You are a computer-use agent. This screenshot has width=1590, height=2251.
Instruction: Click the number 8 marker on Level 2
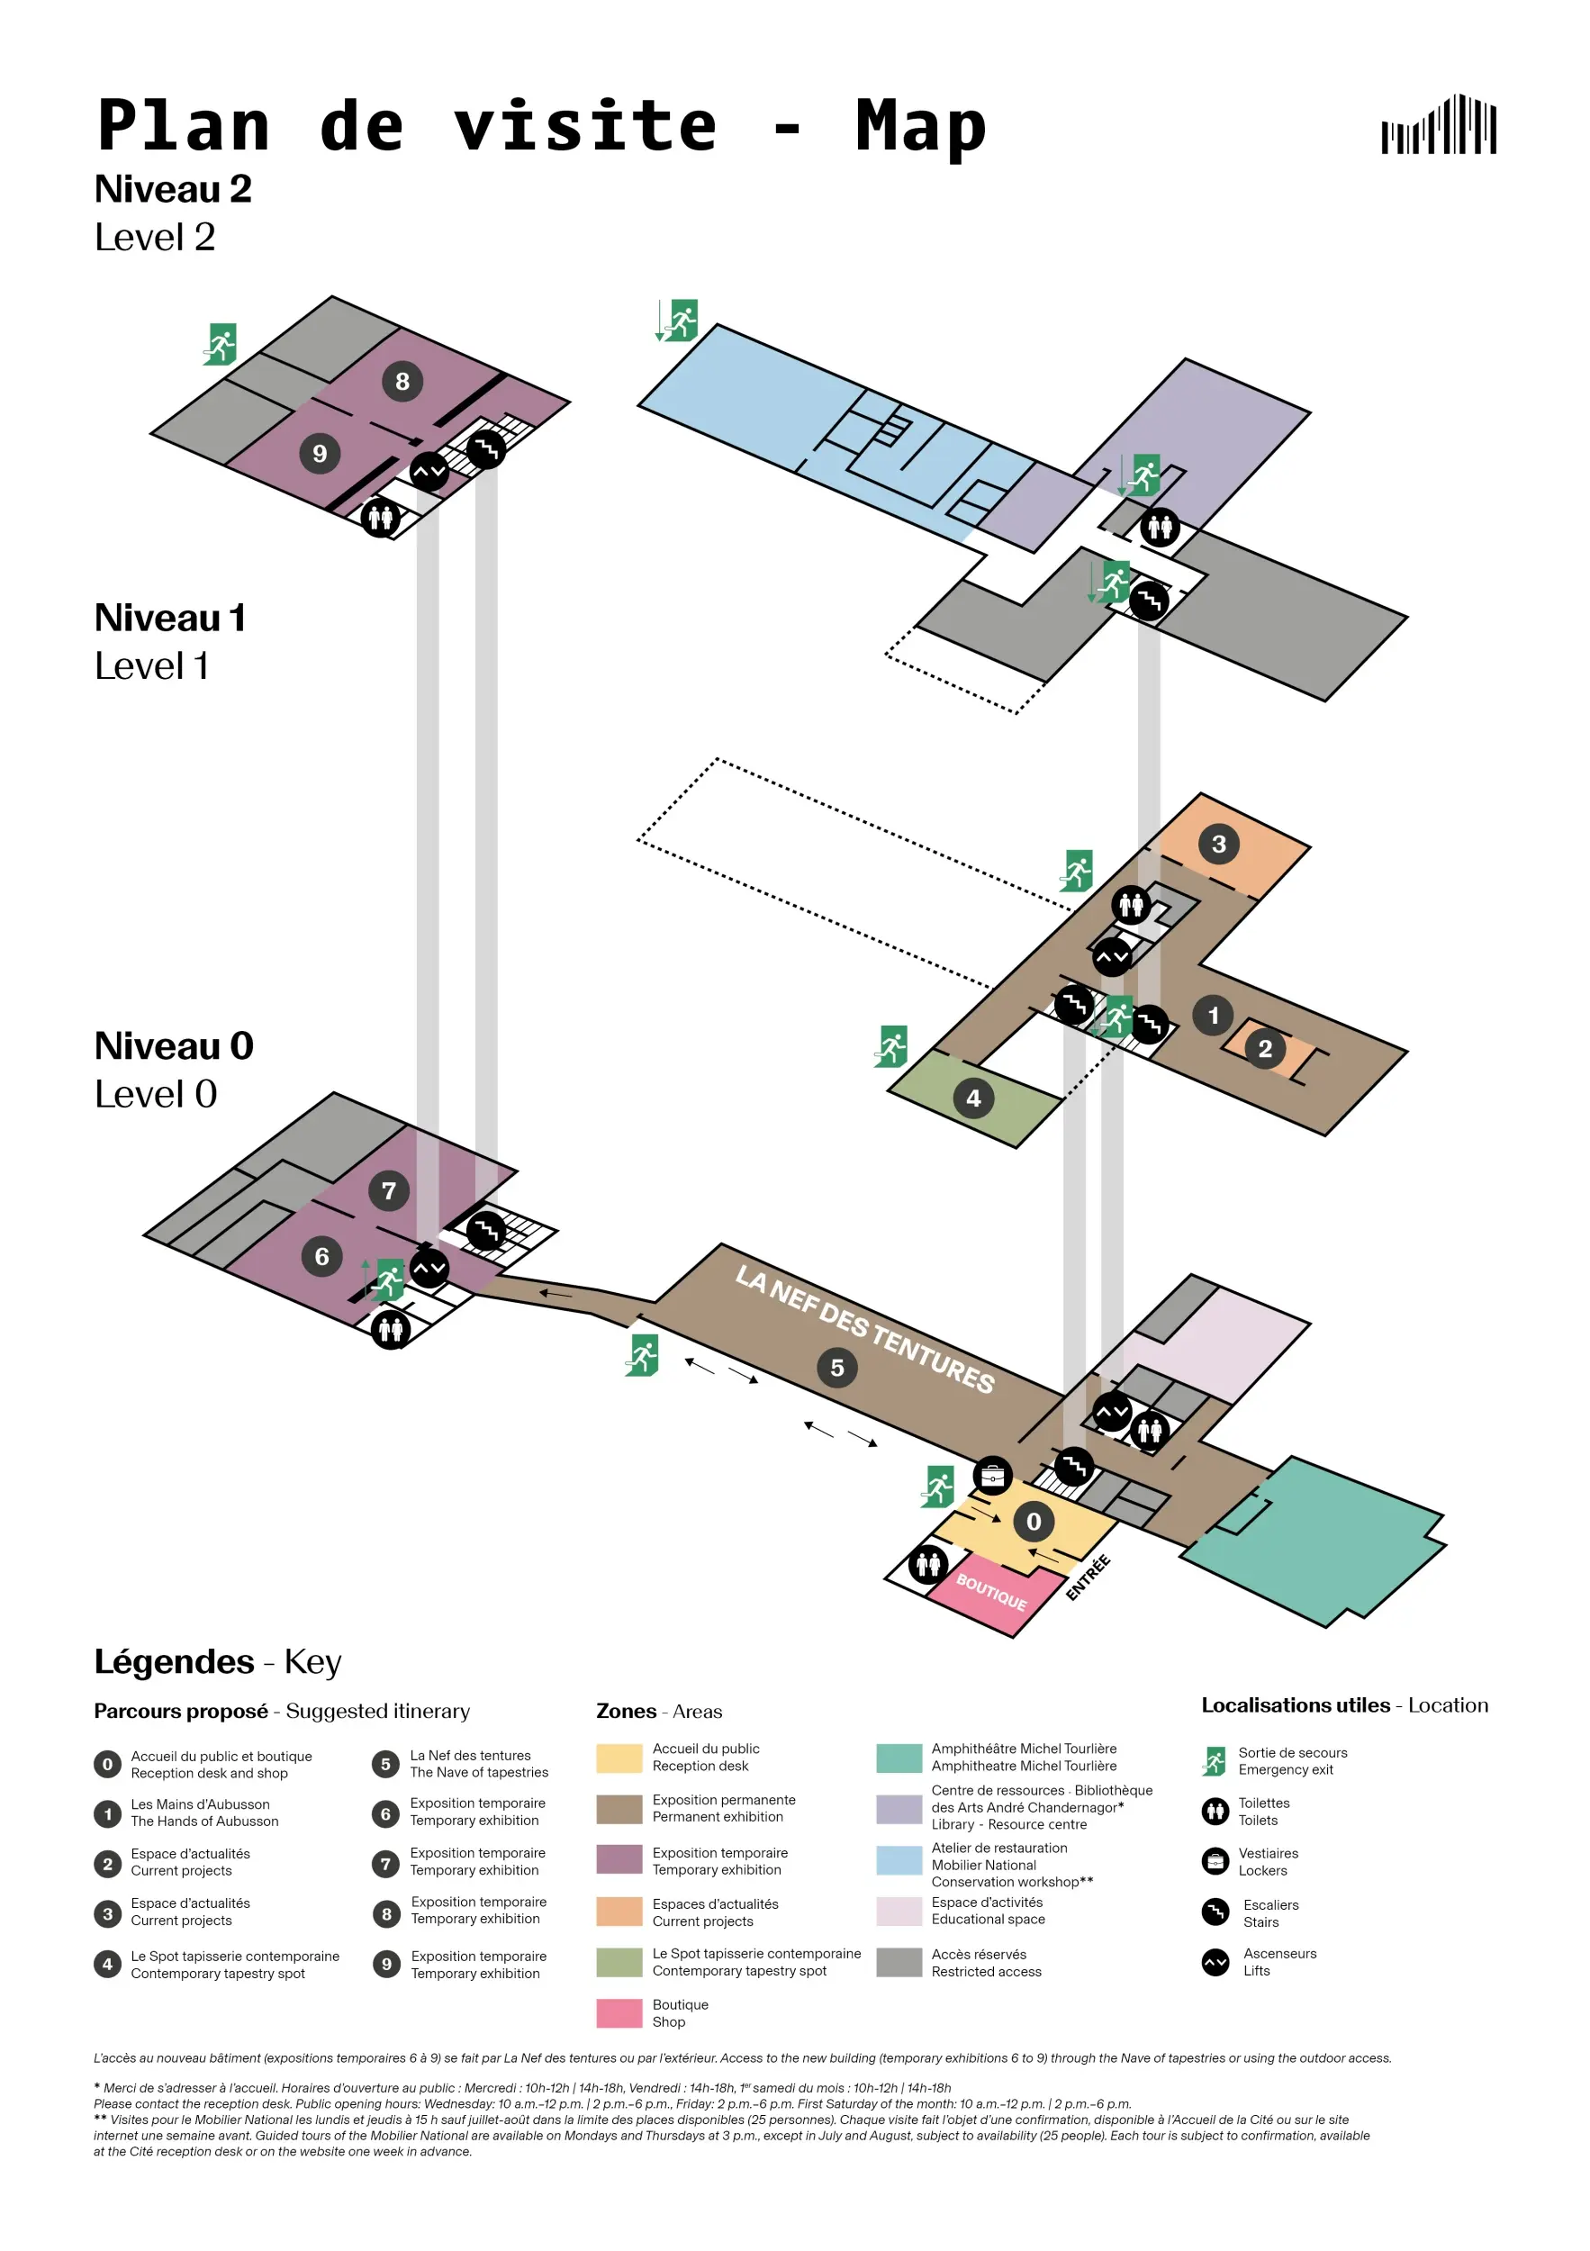coord(402,382)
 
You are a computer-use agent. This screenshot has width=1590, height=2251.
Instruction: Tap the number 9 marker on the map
coord(320,453)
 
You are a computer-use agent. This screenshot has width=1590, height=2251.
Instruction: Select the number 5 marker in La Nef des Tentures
coord(837,1368)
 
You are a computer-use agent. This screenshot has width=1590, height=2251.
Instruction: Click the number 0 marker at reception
coord(1034,1522)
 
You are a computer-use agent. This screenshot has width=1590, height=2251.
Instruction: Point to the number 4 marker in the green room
coord(973,1098)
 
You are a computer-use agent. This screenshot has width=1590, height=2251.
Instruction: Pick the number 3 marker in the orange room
coord(1218,845)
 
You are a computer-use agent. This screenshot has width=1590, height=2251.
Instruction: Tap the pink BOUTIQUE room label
coord(991,1592)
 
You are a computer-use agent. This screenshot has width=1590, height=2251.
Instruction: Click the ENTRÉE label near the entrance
coord(1089,1578)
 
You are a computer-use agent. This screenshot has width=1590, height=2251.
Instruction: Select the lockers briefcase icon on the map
coord(992,1476)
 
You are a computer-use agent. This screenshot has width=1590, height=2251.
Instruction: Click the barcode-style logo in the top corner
coord(1438,124)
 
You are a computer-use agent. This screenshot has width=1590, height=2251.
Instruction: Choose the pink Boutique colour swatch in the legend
coord(619,2012)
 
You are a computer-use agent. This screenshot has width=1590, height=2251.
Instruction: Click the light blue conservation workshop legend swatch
coord(899,1860)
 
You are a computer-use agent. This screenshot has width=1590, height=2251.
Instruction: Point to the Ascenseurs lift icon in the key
coord(1215,1962)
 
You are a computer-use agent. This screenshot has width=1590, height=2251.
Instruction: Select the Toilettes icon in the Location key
coord(1215,1811)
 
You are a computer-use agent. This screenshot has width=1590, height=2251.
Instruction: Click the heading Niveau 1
coord(169,619)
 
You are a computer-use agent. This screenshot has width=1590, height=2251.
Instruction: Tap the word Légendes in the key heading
coord(174,1662)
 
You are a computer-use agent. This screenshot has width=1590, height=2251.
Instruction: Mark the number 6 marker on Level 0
coord(321,1256)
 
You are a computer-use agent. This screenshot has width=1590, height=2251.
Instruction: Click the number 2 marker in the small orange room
coord(1265,1049)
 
